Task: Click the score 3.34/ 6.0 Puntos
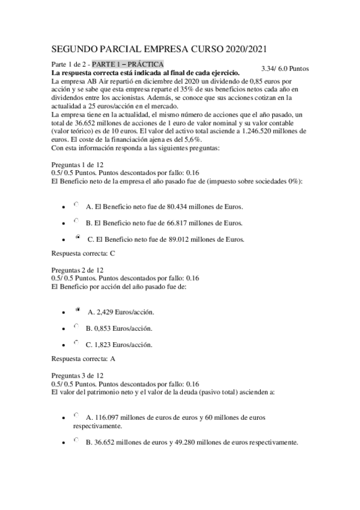(285, 69)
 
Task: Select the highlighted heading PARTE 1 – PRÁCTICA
(128, 64)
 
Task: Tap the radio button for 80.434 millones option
(76, 204)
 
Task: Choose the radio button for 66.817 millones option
(76, 221)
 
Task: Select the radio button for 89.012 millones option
(78, 238)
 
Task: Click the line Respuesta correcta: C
(84, 253)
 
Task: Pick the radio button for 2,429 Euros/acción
(78, 310)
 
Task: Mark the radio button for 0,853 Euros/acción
(76, 327)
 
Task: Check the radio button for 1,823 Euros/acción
(76, 343)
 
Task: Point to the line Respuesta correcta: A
(84, 359)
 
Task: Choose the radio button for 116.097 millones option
(76, 415)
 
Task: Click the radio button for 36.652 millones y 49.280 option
(76, 441)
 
